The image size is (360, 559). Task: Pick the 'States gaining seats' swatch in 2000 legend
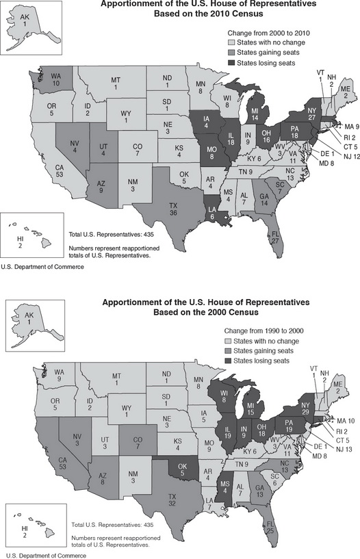(231, 350)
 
